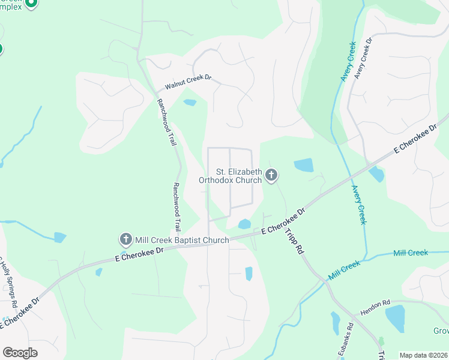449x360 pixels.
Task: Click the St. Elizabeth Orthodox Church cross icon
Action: [x=271, y=176]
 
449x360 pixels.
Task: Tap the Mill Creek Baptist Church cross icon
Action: [x=126, y=240]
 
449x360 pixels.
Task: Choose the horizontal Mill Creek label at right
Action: [x=411, y=253]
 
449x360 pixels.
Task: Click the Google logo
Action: [x=20, y=352]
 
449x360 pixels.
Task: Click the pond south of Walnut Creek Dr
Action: [x=190, y=102]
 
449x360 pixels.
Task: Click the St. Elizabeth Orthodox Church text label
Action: [x=231, y=175]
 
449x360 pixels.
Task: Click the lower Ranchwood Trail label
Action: [x=176, y=207]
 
